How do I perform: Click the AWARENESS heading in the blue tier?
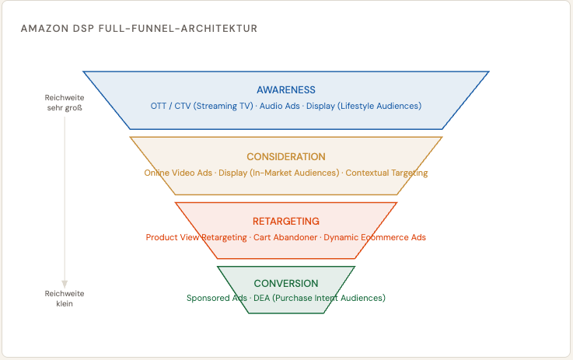286,90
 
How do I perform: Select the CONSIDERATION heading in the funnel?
286,156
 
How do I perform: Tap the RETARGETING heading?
286,222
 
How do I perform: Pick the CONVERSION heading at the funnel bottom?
286,284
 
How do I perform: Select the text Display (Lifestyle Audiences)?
364,106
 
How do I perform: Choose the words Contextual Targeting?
387,173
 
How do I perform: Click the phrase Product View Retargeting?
195,237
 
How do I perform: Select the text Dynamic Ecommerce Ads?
375,237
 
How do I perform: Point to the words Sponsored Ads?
216,299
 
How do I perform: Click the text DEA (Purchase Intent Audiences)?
320,299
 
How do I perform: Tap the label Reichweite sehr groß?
65,103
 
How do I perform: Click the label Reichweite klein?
65,299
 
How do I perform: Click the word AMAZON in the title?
40,29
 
